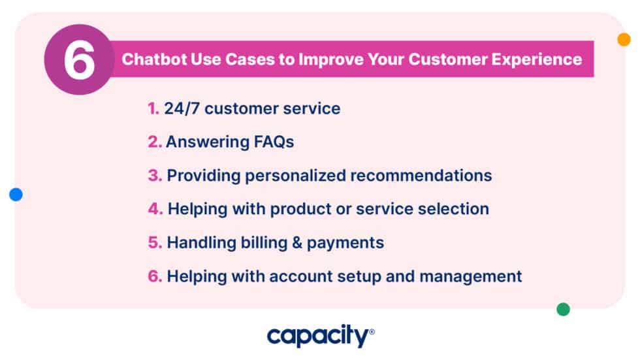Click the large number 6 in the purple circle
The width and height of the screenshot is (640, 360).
tap(78, 61)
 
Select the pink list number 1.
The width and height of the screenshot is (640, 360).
tap(152, 108)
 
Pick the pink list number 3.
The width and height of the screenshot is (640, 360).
tap(154, 176)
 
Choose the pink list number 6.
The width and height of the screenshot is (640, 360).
tap(154, 276)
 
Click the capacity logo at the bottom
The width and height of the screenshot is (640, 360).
tap(320, 336)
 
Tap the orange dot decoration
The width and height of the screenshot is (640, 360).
tap(624, 39)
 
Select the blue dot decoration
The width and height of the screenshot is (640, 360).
tap(16, 194)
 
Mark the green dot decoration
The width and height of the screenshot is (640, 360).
tap(563, 309)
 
